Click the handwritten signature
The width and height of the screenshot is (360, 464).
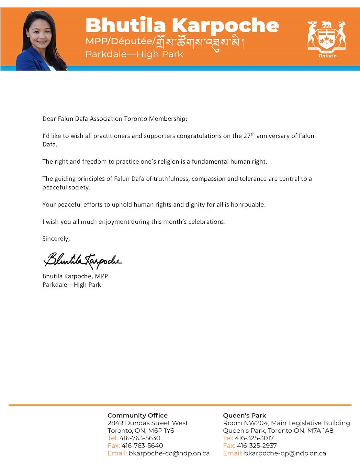click(x=82, y=261)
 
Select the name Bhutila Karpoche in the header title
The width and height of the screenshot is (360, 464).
click(x=182, y=25)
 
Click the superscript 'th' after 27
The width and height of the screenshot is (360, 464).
click(x=252, y=134)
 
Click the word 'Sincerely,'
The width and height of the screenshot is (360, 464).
click(x=56, y=239)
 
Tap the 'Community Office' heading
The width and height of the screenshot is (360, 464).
click(x=137, y=415)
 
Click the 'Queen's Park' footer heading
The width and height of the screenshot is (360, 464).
click(x=244, y=415)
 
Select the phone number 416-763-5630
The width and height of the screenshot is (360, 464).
click(x=140, y=438)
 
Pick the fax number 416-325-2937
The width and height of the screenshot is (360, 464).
click(x=257, y=445)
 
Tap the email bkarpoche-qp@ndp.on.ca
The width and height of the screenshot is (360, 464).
click(x=285, y=453)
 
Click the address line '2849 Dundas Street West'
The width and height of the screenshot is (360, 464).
click(x=148, y=423)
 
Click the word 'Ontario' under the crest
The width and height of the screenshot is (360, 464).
click(x=327, y=56)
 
